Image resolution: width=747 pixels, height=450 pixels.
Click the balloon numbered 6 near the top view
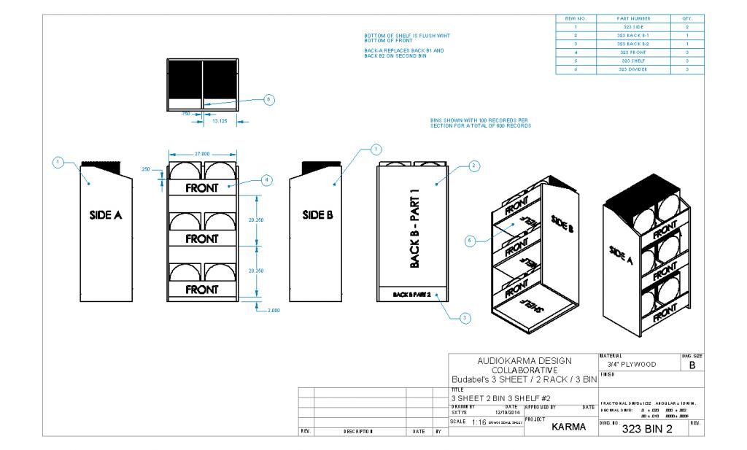[268, 100]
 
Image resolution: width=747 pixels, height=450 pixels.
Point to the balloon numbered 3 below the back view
[466, 317]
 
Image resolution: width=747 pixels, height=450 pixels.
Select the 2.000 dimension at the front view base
[272, 310]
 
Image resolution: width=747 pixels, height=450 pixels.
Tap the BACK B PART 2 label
[413, 295]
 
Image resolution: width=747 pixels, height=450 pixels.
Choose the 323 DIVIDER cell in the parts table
[633, 69]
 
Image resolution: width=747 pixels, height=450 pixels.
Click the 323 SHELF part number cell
[633, 61]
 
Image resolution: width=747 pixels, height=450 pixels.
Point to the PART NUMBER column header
[633, 18]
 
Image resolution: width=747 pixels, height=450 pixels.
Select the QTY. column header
[686, 18]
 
